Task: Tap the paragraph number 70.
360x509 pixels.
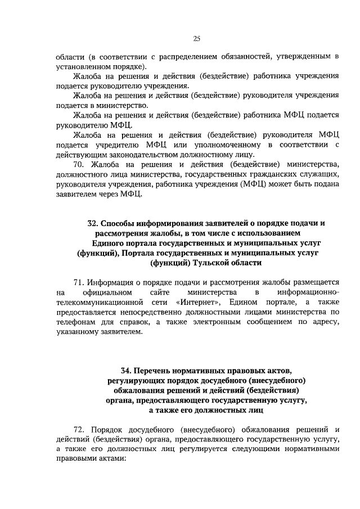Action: [x=80, y=164]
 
